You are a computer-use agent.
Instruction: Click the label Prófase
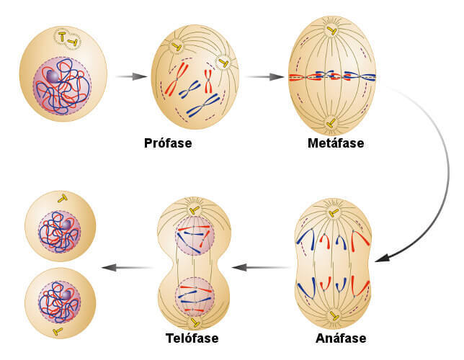click(x=167, y=143)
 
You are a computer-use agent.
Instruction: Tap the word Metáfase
click(x=334, y=143)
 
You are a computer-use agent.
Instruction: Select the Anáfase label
click(x=340, y=338)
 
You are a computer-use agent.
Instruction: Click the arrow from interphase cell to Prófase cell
click(x=129, y=75)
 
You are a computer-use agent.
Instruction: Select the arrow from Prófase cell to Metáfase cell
click(x=263, y=75)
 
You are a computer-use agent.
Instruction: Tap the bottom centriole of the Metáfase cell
click(x=331, y=123)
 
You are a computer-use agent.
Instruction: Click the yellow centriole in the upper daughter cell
click(x=63, y=198)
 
